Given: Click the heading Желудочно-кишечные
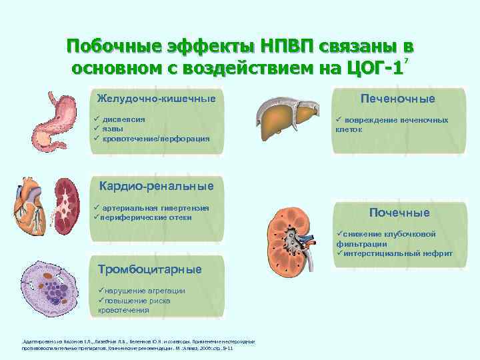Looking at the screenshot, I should [x=156, y=99].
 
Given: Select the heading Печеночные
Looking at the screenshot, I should [x=398, y=99].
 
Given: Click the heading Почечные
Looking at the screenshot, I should [x=400, y=213].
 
